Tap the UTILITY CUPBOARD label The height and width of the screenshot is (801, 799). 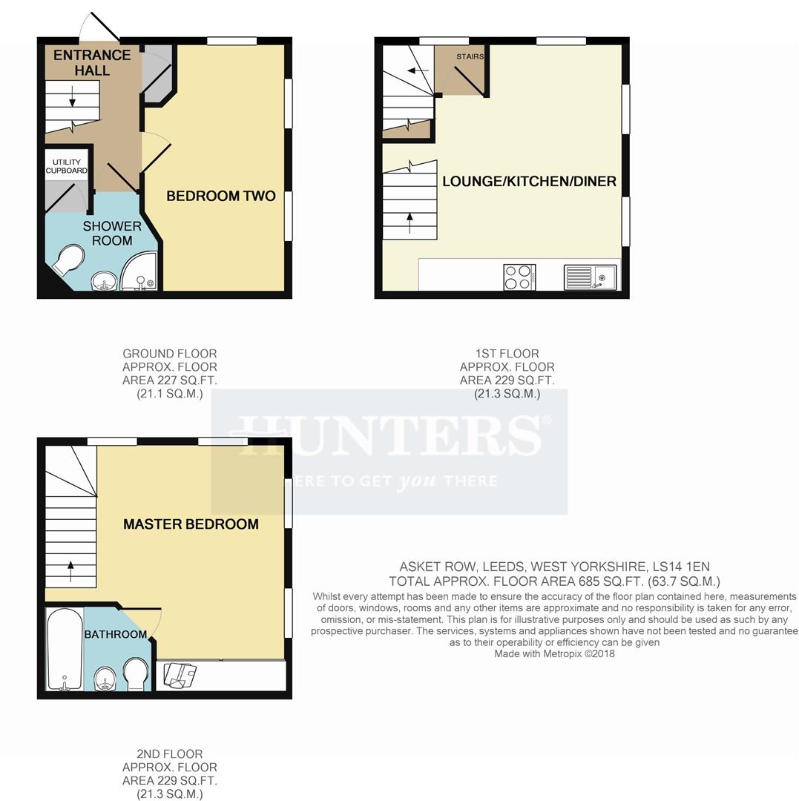[x=67, y=166]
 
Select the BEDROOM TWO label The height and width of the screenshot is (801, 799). [x=220, y=196]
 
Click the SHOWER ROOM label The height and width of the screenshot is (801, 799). [x=112, y=233]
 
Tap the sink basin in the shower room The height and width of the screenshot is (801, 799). [x=104, y=281]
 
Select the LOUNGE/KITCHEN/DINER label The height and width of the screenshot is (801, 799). [x=529, y=181]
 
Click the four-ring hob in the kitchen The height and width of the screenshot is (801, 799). [x=519, y=277]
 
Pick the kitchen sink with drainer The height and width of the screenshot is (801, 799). [x=590, y=277]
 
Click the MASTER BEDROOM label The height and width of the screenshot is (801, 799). [x=191, y=524]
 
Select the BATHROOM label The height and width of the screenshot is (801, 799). [x=115, y=634]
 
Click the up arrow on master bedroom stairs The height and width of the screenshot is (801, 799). [x=70, y=570]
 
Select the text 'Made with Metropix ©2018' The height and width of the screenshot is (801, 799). [x=554, y=653]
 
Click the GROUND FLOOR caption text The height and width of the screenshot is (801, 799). [x=169, y=354]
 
